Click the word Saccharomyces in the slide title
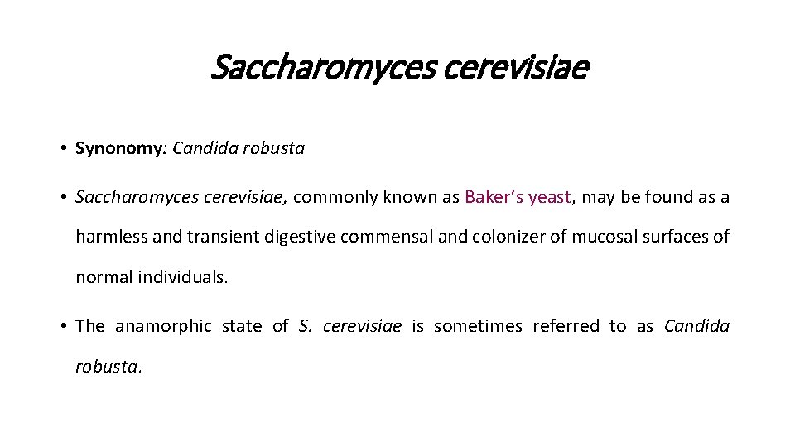click(323, 67)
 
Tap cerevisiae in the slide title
click(515, 67)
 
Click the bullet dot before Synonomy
click(63, 149)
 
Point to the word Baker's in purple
click(494, 197)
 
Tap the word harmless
click(111, 237)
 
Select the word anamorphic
click(162, 326)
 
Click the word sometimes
click(478, 326)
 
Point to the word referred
click(567, 326)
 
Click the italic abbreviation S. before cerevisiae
click(303, 326)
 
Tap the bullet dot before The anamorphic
click(63, 326)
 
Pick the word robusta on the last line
click(108, 366)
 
